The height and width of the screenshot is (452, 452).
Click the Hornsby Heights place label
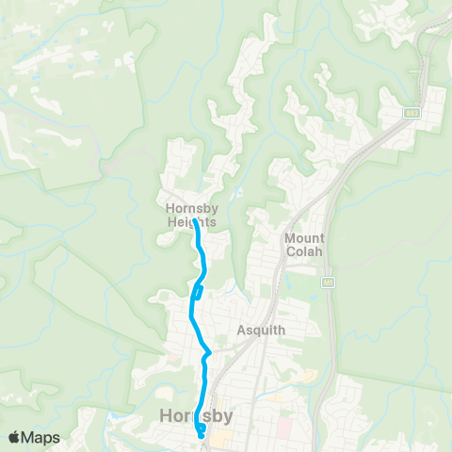(x=191, y=216)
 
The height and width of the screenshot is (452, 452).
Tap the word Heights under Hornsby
(x=191, y=222)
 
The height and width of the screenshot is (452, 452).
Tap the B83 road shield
(x=412, y=112)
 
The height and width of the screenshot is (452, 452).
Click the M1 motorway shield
(x=328, y=282)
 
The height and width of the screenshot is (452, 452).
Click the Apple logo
(x=14, y=437)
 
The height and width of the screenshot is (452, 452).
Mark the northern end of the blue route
(x=196, y=222)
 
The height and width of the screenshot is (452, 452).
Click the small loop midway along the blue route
(x=197, y=292)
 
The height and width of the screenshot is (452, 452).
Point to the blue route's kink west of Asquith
(x=208, y=354)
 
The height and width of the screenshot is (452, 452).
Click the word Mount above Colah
(x=305, y=237)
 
